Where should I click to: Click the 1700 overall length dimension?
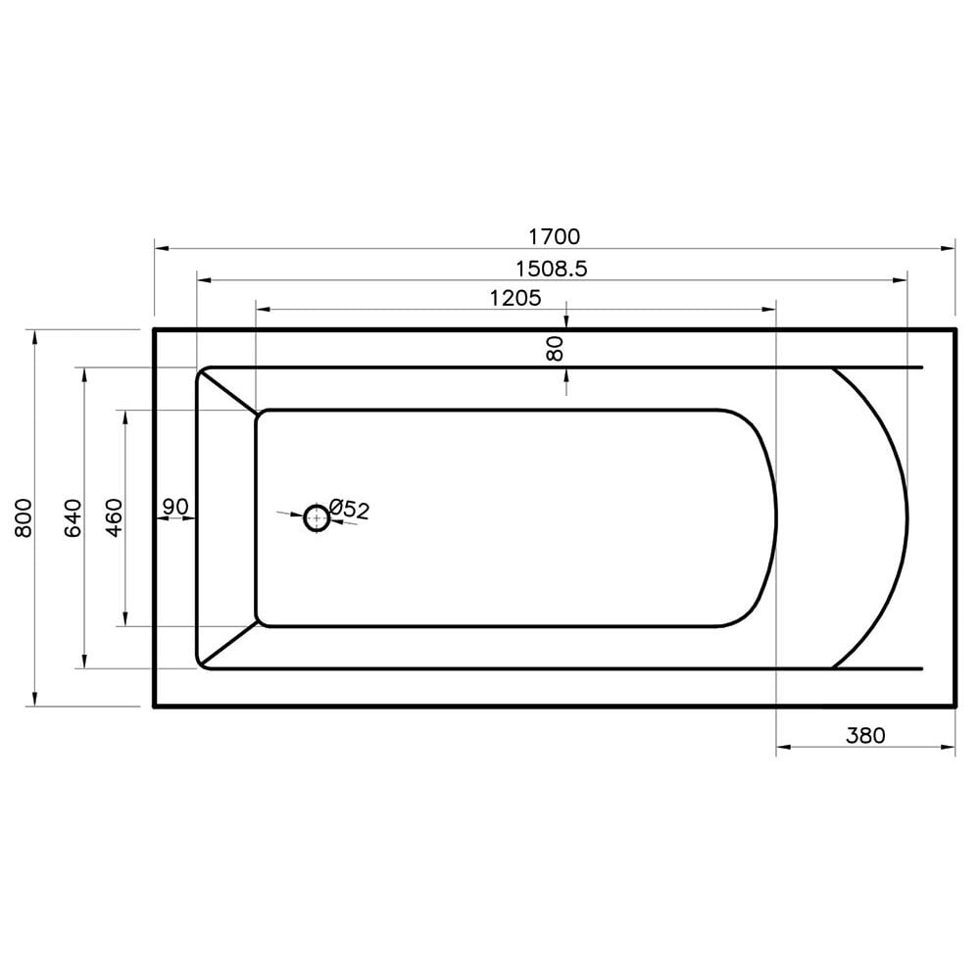coord(555,236)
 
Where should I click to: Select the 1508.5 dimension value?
coord(552,269)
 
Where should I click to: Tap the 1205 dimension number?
coord(515,298)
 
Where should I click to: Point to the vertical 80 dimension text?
coord(555,348)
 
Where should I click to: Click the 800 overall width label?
coord(25,517)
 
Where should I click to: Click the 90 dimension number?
coord(175,507)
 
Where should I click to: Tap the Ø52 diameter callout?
coord(349,509)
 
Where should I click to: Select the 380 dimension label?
coord(866,735)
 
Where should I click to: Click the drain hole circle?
coord(317,517)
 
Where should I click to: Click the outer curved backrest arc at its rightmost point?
coord(907,517)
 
